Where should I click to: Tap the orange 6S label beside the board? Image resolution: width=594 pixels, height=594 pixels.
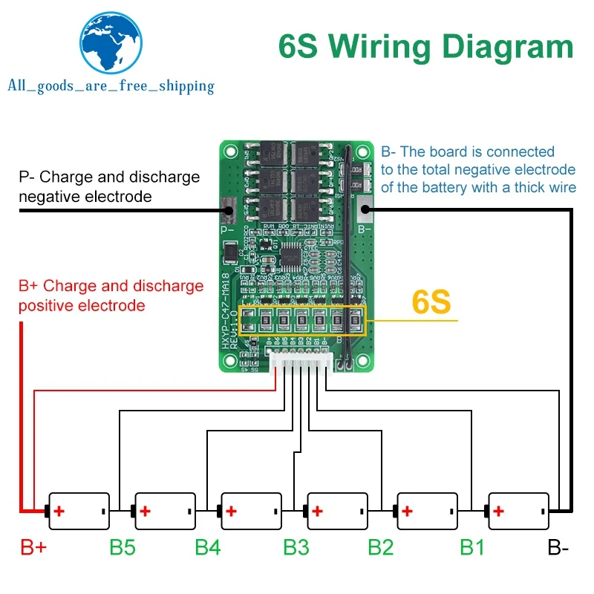pyautogui.click(x=431, y=303)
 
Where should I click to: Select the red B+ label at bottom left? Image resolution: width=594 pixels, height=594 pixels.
pyautogui.click(x=33, y=548)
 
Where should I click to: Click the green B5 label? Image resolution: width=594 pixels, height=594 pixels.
pyautogui.click(x=123, y=548)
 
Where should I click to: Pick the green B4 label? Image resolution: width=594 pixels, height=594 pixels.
pyautogui.click(x=208, y=548)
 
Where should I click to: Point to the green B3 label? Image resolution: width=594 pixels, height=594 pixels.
pyautogui.click(x=296, y=548)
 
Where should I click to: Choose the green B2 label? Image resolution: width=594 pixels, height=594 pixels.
pyautogui.click(x=381, y=548)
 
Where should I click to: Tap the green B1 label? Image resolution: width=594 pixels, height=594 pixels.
pyautogui.click(x=471, y=548)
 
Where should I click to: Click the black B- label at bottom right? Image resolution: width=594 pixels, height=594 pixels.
pyautogui.click(x=558, y=549)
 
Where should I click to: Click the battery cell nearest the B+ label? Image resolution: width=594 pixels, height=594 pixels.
pyautogui.click(x=78, y=511)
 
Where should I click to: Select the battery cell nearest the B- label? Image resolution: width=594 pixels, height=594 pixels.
pyautogui.click(x=518, y=511)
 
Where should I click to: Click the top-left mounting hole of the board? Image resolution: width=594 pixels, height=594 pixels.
pyautogui.click(x=232, y=153)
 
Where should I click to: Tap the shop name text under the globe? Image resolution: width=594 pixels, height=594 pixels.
pyautogui.click(x=111, y=86)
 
